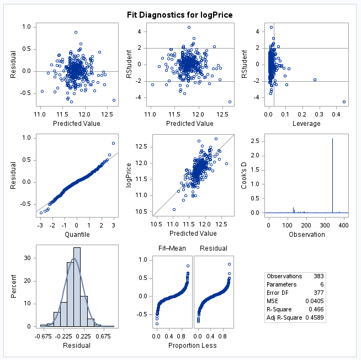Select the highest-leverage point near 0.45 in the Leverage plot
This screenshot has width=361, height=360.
(x=344, y=102)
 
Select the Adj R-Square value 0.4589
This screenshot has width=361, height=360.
(x=315, y=319)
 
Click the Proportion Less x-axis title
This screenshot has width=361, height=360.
(x=193, y=346)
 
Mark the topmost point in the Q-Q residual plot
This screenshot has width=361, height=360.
(x=113, y=143)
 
